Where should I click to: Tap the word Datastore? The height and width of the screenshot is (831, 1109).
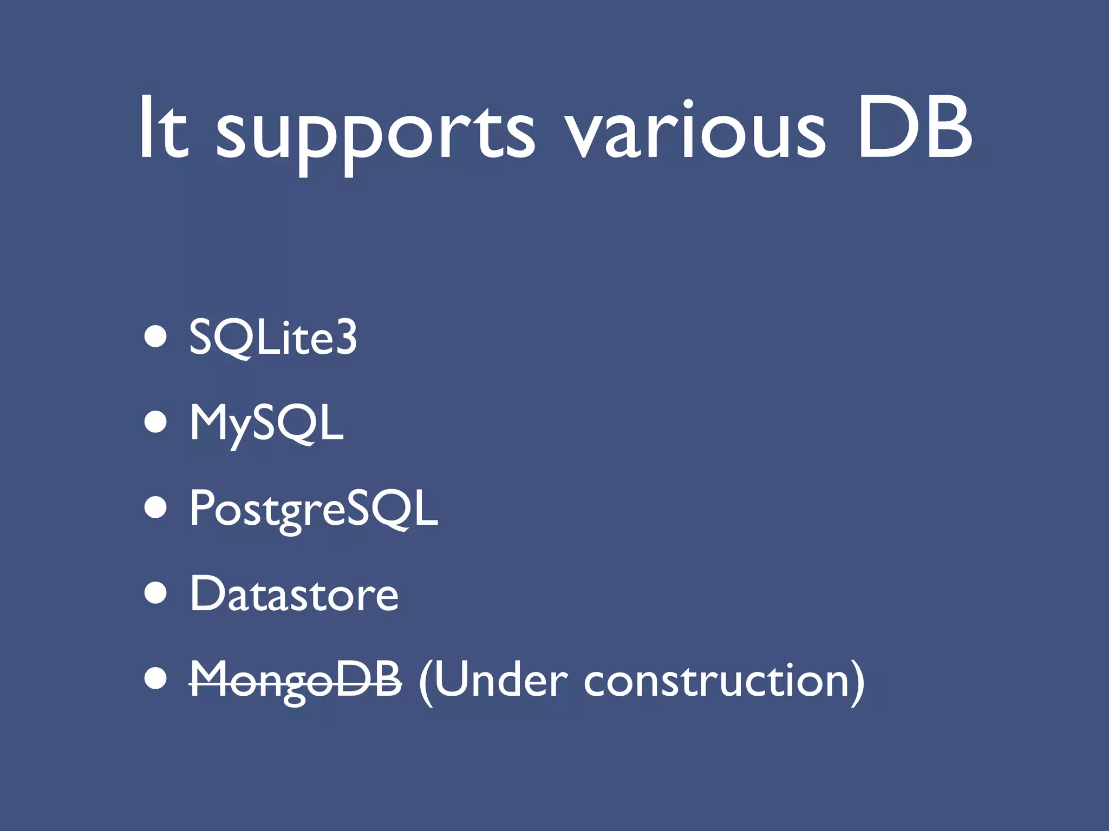point(294,594)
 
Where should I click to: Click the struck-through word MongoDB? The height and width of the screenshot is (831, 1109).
point(296,681)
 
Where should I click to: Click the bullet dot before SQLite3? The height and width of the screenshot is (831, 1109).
point(155,337)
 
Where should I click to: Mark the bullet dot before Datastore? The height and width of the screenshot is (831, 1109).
point(155,593)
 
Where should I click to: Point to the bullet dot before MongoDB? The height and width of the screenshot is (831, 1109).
point(155,678)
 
